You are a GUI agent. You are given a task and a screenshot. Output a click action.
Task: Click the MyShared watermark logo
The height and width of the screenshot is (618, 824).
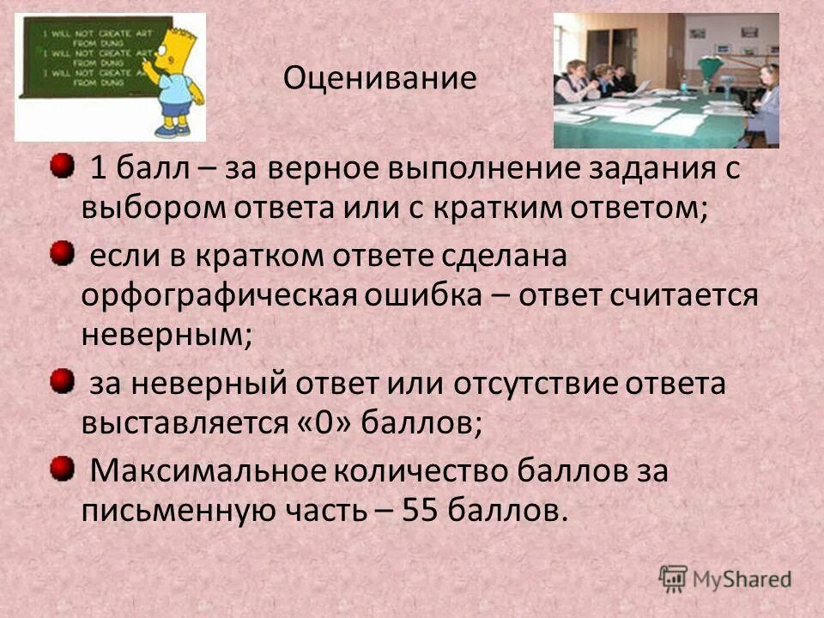point(725,578)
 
